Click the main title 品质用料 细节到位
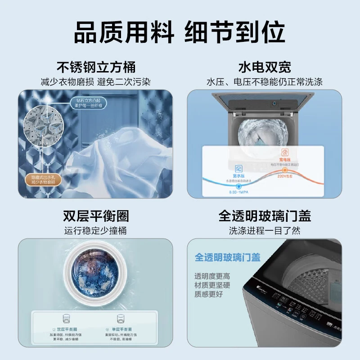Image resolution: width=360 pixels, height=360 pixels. click(180, 32)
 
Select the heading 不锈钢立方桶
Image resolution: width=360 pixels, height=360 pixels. click(96, 67)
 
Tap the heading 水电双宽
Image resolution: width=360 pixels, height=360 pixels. click(265, 67)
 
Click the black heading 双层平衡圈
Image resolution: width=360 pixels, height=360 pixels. click(96, 216)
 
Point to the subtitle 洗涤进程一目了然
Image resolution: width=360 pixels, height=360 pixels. click(265, 231)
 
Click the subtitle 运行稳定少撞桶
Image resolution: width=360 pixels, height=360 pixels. click(96, 231)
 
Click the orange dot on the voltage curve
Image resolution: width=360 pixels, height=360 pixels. click(284, 170)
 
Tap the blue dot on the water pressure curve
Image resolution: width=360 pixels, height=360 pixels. click(238, 185)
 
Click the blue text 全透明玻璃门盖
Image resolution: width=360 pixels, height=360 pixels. click(228, 257)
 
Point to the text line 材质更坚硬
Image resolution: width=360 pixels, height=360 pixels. click(212, 285)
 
